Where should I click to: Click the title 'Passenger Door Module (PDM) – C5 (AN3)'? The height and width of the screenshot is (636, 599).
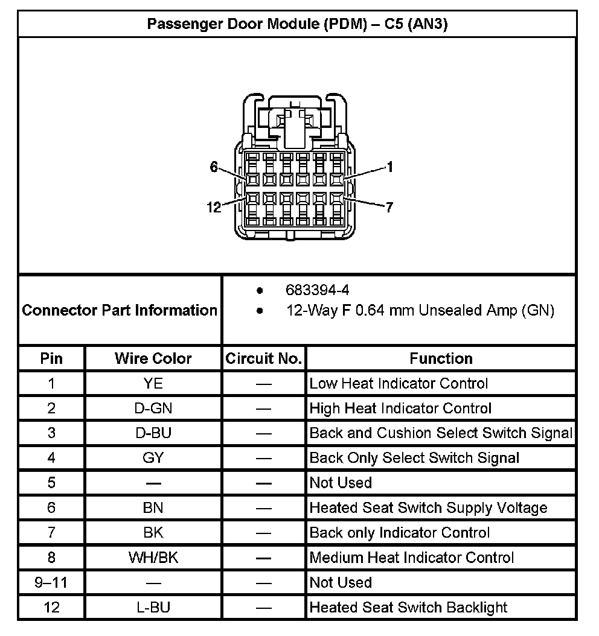click(298, 25)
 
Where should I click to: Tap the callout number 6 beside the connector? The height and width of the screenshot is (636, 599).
click(214, 167)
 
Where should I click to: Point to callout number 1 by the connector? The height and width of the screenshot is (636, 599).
click(390, 167)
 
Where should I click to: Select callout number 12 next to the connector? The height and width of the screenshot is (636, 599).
click(214, 208)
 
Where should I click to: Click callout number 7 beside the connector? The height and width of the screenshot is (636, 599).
click(389, 208)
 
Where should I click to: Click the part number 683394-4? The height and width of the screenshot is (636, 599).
click(318, 291)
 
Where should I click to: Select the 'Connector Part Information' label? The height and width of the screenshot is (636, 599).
click(120, 310)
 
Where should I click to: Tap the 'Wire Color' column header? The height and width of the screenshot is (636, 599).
click(153, 358)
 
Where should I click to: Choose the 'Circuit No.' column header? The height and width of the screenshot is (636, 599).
click(263, 358)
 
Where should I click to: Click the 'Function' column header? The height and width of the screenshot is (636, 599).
click(441, 358)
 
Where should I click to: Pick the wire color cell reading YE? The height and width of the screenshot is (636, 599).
click(153, 383)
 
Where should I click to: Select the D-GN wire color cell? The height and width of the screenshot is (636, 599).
click(153, 409)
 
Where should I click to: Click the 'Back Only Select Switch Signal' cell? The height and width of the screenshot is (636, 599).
click(414, 458)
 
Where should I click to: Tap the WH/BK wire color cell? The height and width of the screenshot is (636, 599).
click(153, 558)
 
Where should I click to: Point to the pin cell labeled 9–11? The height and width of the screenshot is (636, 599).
click(51, 582)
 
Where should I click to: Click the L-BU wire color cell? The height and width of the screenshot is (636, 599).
click(153, 607)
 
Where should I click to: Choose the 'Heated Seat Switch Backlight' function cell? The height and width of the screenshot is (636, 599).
click(408, 607)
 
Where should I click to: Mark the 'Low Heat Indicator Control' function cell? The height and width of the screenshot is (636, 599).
click(399, 383)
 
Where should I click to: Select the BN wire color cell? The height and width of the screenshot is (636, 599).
click(153, 508)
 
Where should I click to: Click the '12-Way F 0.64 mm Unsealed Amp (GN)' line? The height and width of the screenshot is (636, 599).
click(420, 311)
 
